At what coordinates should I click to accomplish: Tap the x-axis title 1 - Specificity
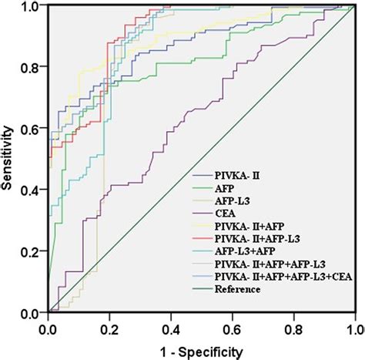pyautogui.click(x=202, y=351)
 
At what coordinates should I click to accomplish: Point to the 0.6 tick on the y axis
pyautogui.click(x=31, y=129)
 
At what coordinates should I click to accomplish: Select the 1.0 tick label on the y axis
pyautogui.click(x=31, y=7)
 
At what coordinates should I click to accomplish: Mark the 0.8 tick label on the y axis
pyautogui.click(x=31, y=68)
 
